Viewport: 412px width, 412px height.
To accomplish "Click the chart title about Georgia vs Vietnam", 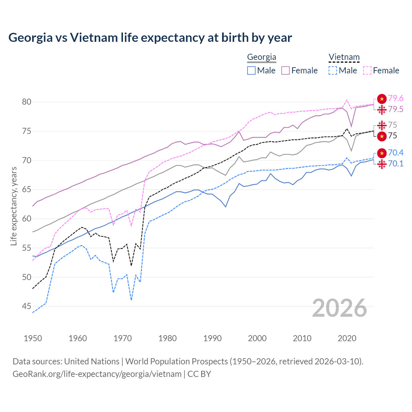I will tap(150, 38).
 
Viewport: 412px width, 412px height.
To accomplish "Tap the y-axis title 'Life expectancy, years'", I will tap(14, 206).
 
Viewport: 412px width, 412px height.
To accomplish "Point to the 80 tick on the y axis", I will tap(27, 102).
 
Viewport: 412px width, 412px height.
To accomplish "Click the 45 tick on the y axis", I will tap(27, 306).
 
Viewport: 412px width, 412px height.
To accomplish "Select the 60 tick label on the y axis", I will tap(27, 219).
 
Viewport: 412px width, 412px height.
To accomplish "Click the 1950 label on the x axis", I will tap(33, 338).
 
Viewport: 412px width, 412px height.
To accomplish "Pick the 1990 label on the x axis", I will tap(212, 338).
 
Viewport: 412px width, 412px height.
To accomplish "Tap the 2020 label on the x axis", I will tap(347, 338).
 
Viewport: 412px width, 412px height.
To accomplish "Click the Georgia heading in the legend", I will tap(261, 57).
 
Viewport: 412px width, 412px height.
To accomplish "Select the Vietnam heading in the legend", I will tap(344, 57).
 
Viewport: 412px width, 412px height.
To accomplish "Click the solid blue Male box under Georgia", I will tap(251, 70).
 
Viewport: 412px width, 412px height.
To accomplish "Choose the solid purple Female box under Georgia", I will tap(286, 70).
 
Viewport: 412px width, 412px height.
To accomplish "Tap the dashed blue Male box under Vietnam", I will tap(333, 70).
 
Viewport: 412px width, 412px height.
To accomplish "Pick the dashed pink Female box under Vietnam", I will tap(367, 70).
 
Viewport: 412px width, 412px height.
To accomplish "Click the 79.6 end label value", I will tap(396, 98).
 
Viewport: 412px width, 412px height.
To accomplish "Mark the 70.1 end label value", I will tap(396, 164).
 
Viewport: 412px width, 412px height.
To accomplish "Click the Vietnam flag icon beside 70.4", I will tap(382, 153).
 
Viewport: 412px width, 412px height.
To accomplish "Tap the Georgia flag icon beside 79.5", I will tap(382, 109).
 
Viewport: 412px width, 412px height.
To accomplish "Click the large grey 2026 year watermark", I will tap(339, 308).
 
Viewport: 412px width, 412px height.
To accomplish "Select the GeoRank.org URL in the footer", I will tap(97, 374).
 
